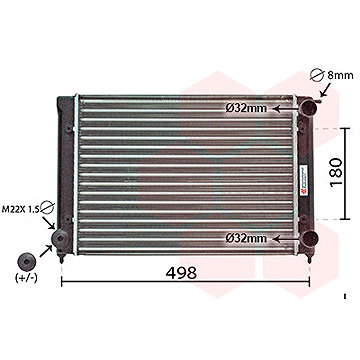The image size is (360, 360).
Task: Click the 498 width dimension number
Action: tap(181, 272)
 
